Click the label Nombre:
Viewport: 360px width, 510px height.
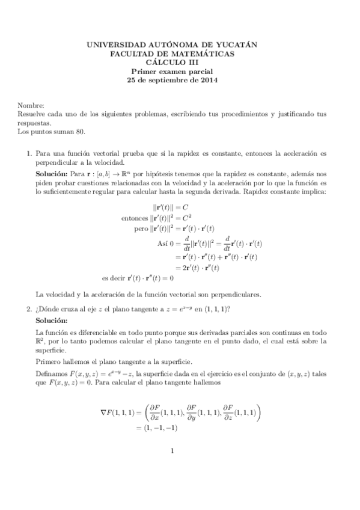[x=31, y=105]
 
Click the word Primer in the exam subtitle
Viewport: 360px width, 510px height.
[x=153, y=70]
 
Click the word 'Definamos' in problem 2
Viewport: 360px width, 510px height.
[x=53, y=374]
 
